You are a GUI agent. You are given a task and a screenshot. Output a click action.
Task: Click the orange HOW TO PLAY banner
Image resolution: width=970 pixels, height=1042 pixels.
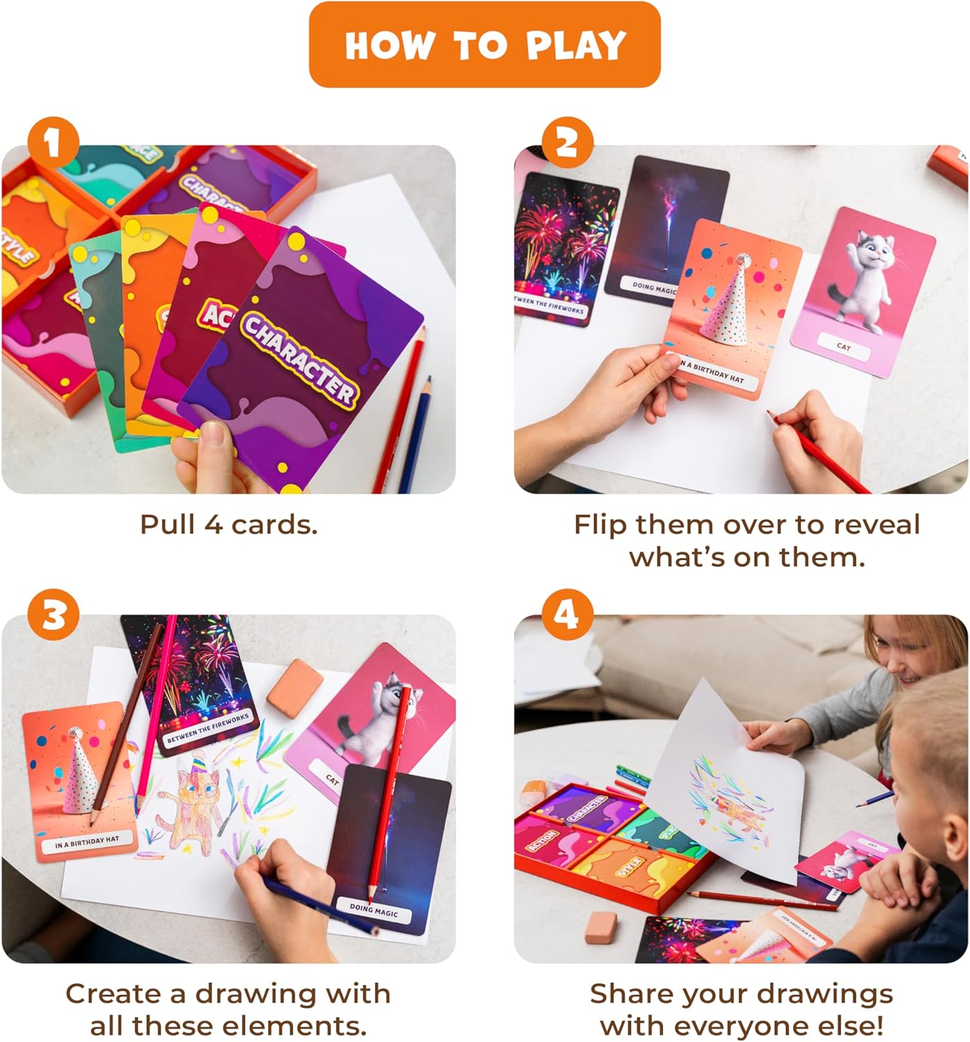coord(484,45)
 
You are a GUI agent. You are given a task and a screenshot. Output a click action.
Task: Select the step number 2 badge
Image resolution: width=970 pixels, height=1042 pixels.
coord(567,144)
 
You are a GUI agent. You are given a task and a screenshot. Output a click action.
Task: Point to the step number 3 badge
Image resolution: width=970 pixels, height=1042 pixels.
coord(54,614)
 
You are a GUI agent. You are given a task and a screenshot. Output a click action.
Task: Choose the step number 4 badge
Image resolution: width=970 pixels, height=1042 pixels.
coord(567,614)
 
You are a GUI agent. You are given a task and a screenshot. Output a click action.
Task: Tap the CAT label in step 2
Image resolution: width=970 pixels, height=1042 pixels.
coord(843,346)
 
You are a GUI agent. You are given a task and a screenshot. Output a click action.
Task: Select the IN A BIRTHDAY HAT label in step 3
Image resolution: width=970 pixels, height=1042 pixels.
coord(87,843)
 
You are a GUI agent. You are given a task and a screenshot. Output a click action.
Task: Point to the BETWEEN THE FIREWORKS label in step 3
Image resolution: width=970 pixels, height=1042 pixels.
coord(207,727)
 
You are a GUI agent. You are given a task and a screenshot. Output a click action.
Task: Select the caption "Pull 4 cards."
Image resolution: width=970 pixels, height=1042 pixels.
coord(229,524)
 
